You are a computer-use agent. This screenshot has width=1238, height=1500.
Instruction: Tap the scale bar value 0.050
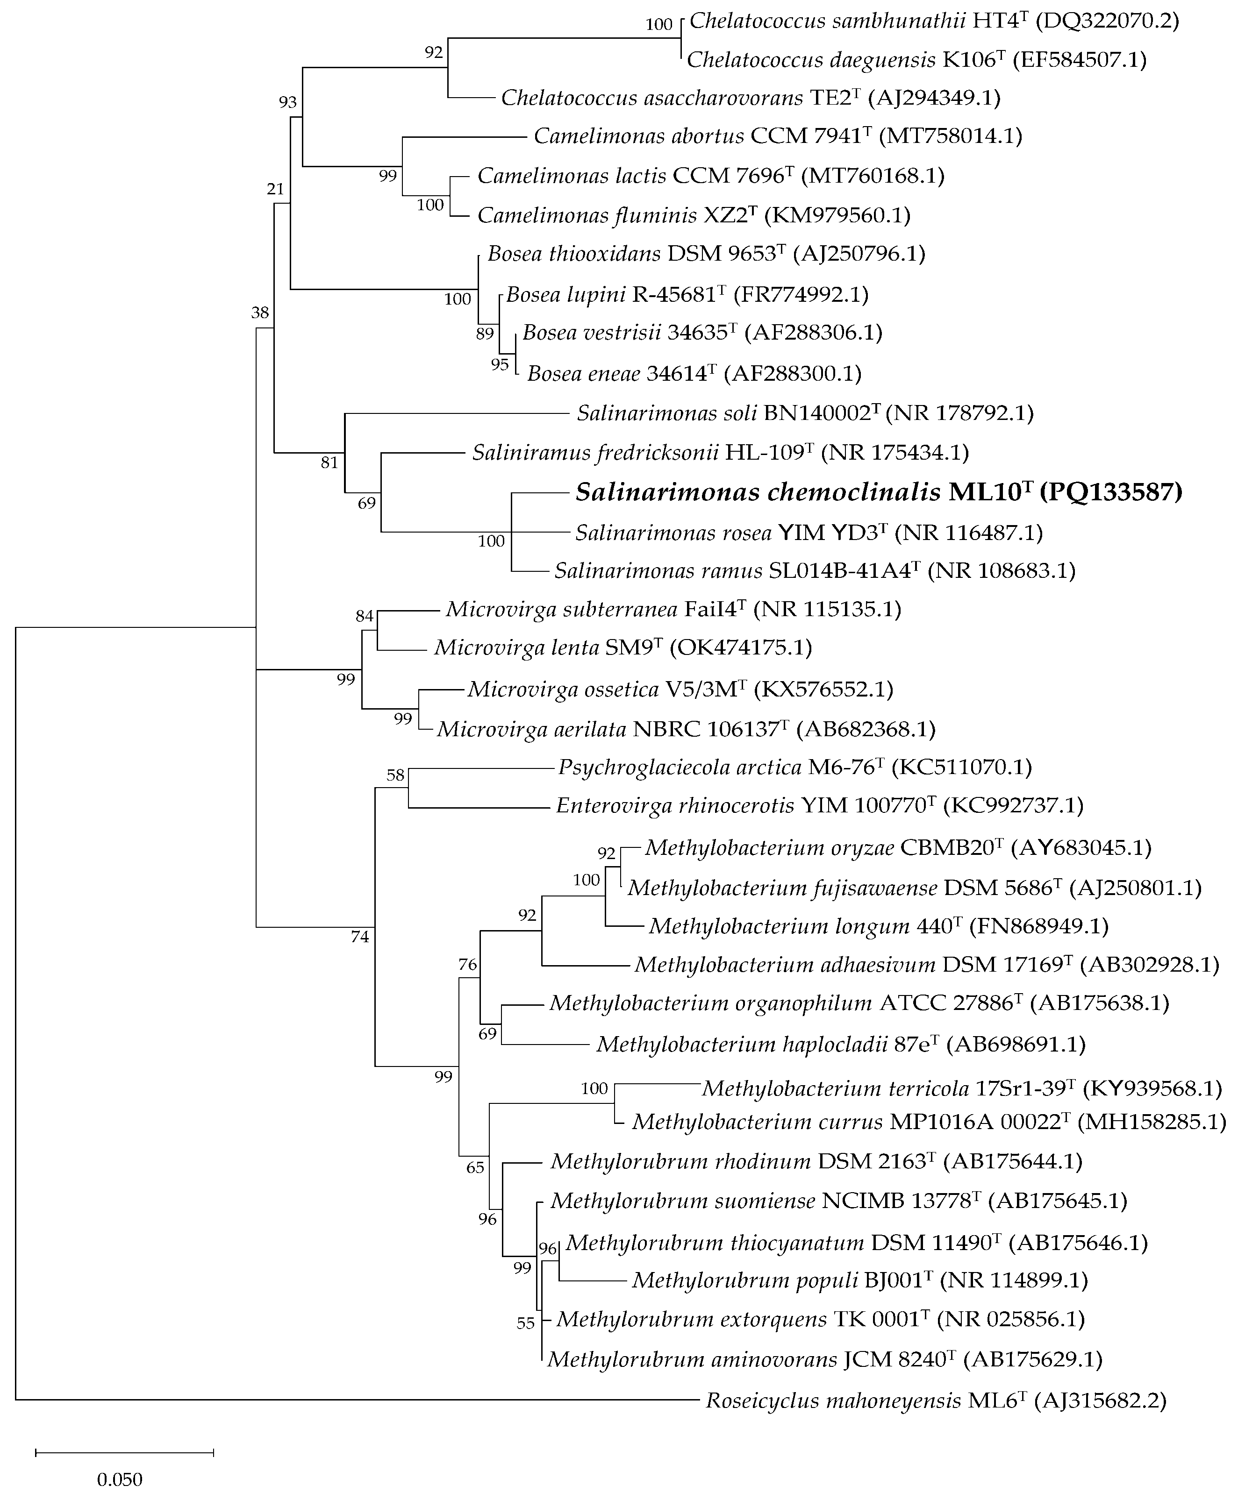(x=120, y=1474)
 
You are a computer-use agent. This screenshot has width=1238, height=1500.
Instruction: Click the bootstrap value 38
(x=260, y=312)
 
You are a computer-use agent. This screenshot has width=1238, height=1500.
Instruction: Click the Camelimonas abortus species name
(x=639, y=136)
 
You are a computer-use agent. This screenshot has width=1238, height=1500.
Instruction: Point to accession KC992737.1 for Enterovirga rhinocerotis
(x=1013, y=806)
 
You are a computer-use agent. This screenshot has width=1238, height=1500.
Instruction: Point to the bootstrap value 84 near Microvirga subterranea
(x=365, y=616)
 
